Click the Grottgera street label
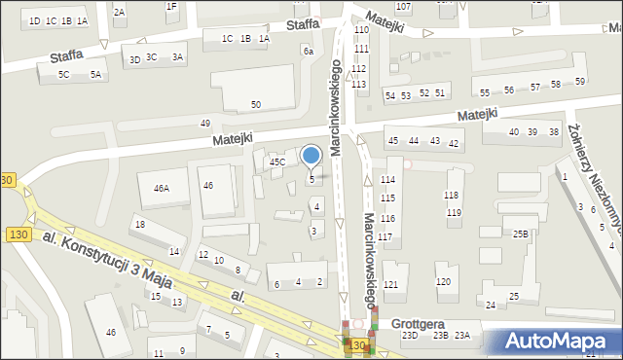417,323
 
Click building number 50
256,104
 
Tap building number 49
205,124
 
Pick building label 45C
277,162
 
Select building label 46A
161,189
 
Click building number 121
390,284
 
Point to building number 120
444,282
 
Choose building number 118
452,197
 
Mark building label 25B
522,234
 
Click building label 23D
411,336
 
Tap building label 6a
308,51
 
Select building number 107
403,7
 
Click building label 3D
135,59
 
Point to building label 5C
64,74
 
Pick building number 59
580,82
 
